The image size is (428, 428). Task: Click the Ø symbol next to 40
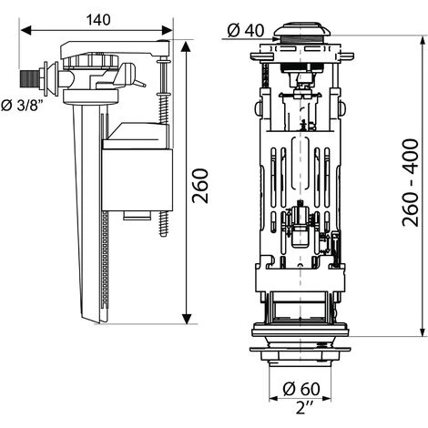pyautogui.click(x=232, y=31)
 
